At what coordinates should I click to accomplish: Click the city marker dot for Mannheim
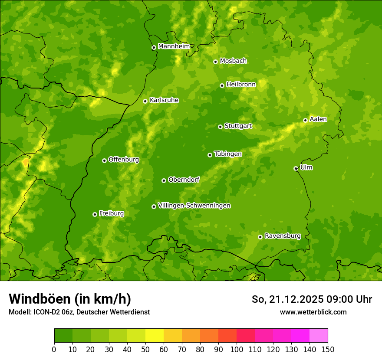pyautogui.click(x=154, y=48)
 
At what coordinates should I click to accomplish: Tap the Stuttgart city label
pyautogui.click(x=238, y=126)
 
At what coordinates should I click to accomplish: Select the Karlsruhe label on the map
pyautogui.click(x=164, y=100)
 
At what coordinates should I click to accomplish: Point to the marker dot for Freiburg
pyautogui.click(x=95, y=214)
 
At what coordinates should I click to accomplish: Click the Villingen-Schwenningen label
pyautogui.click(x=194, y=206)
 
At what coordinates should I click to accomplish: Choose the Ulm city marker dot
pyautogui.click(x=296, y=169)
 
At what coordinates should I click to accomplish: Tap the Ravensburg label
pyautogui.click(x=282, y=236)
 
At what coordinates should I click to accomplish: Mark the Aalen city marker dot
pyautogui.click(x=305, y=120)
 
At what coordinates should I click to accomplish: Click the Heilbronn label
pyautogui.click(x=241, y=85)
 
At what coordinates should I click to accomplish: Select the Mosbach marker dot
pyautogui.click(x=215, y=62)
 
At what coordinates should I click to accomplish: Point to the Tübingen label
pyautogui.click(x=227, y=154)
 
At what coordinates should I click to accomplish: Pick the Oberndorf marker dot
pyautogui.click(x=164, y=180)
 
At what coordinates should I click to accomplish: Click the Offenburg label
pyautogui.click(x=123, y=160)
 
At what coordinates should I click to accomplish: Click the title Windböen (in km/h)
pyautogui.click(x=69, y=299)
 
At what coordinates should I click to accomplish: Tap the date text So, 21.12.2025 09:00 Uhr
pyautogui.click(x=311, y=299)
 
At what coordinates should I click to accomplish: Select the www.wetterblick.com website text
pyautogui.click(x=313, y=312)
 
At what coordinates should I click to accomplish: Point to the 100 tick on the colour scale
pyautogui.click(x=237, y=349)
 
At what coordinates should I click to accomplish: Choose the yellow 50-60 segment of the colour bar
pyautogui.click(x=155, y=336)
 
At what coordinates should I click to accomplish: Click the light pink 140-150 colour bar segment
pyautogui.click(x=319, y=336)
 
